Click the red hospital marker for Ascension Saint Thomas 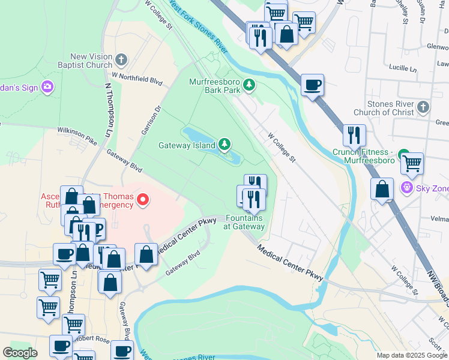pos(143,199)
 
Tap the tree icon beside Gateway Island pos(224,144)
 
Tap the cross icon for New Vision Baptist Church pos(122,59)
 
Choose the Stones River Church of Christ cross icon pos(423,107)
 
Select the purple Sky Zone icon pos(408,188)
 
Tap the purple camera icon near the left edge pos(47,88)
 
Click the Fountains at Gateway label pos(245,222)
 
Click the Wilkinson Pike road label pos(77,133)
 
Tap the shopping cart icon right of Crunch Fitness pos(412,163)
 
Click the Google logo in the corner pos(20,353)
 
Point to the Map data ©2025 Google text pos(411,355)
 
